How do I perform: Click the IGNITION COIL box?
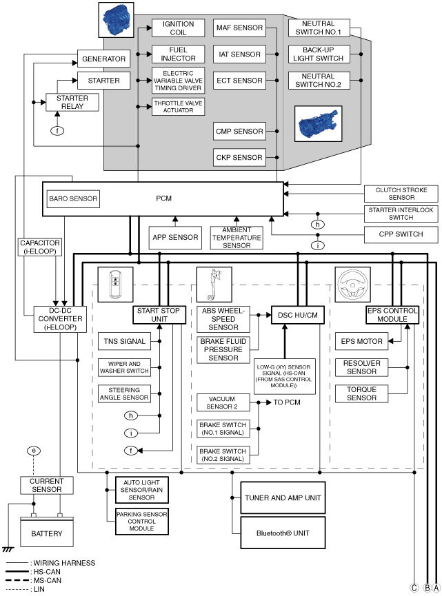(178, 28)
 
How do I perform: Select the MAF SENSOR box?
(239, 28)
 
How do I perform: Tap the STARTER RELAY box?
(72, 102)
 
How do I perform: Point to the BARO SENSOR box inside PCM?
(73, 199)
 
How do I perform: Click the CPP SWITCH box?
(401, 234)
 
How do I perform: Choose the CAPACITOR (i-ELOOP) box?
(40, 247)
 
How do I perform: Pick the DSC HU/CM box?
(298, 315)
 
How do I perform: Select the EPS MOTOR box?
(361, 341)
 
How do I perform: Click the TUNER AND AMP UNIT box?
(283, 498)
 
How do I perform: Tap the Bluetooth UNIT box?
(283, 533)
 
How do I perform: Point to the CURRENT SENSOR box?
(47, 485)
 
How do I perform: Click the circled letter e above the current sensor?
(34, 451)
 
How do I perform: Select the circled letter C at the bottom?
(414, 588)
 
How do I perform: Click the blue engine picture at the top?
(116, 20)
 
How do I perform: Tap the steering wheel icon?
(352, 285)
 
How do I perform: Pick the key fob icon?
(115, 285)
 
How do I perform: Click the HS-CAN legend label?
(47, 572)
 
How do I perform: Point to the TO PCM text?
(287, 402)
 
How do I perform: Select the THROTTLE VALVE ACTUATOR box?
(178, 107)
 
